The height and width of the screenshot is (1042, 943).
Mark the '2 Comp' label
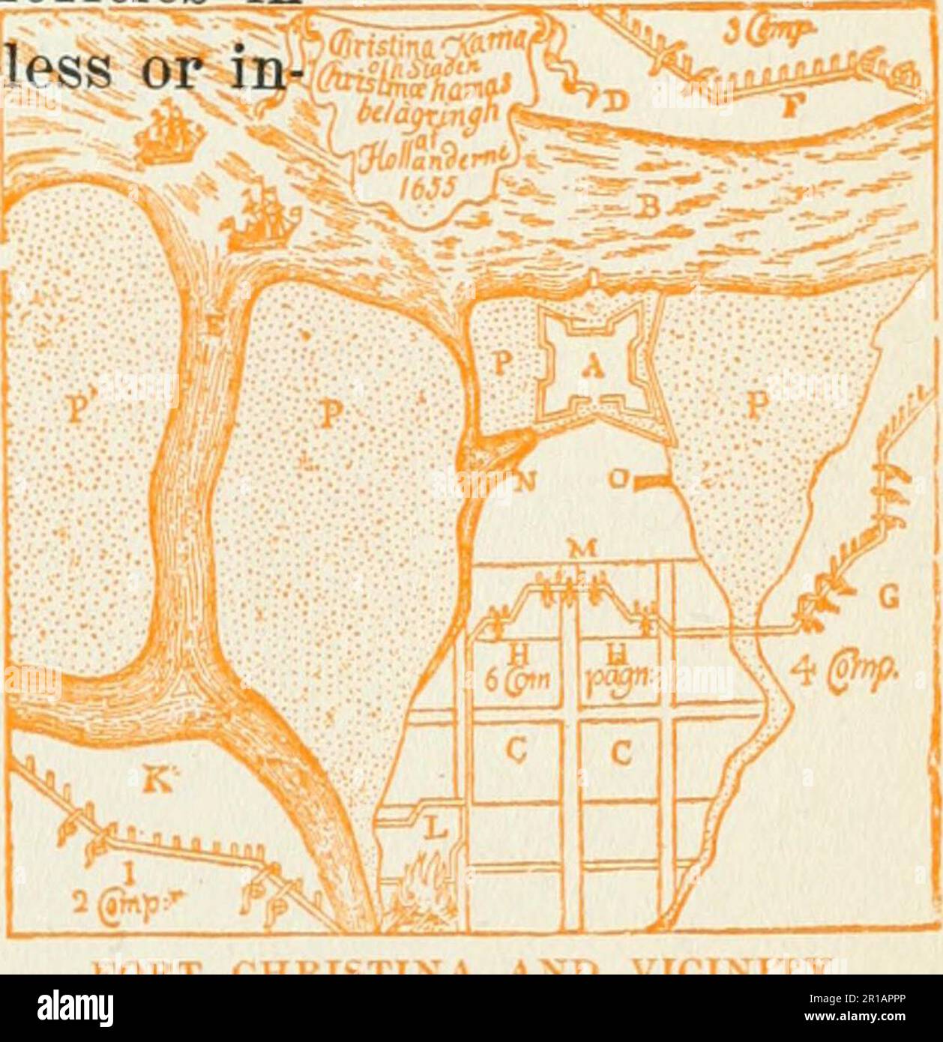click(x=115, y=902)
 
